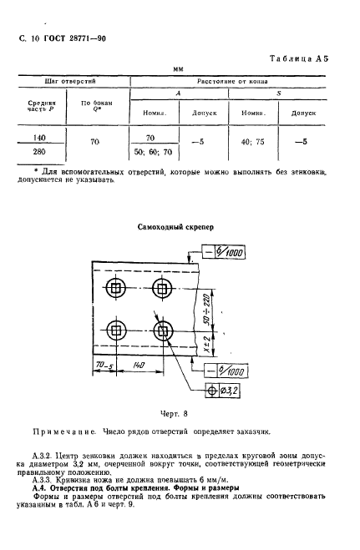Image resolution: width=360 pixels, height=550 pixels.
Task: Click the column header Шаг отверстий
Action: [81, 83]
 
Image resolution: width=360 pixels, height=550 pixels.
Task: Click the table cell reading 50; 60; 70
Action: [151, 154]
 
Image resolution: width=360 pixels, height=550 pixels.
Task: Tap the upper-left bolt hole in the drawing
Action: [115, 291]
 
